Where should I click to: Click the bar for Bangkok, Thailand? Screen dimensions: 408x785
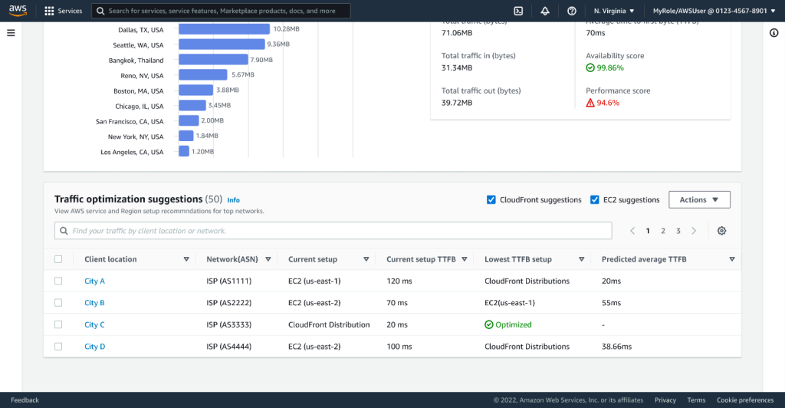213,60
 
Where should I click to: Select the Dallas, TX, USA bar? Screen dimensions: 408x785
224,29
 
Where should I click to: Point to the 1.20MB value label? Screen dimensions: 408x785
202,152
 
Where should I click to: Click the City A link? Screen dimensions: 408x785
94,281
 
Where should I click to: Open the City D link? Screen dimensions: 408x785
94,347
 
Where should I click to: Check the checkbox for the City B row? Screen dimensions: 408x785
58,303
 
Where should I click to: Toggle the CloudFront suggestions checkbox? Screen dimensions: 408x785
491,200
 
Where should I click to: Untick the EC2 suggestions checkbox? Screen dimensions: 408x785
595,200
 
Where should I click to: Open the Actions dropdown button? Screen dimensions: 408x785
699,200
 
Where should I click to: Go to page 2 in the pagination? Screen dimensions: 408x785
663,231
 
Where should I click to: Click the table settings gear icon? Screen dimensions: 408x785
721,231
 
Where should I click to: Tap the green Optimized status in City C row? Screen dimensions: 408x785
507,324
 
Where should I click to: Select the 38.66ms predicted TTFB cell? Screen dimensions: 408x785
616,347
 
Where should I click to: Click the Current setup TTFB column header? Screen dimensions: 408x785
421,259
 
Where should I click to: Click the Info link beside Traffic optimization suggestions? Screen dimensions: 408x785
233,200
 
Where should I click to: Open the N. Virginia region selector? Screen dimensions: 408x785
614,12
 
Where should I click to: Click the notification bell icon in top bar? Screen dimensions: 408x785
545,12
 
